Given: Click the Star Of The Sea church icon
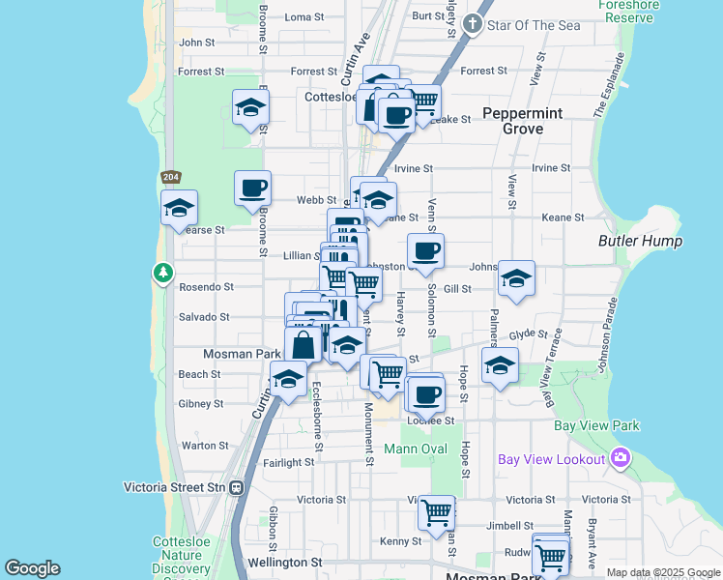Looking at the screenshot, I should pyautogui.click(x=473, y=24).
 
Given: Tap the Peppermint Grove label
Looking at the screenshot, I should pyautogui.click(x=522, y=121).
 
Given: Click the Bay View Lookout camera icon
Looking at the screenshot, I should pyautogui.click(x=620, y=458).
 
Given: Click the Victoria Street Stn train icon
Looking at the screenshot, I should pyautogui.click(x=237, y=488).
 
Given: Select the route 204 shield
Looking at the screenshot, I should pyautogui.click(x=171, y=177).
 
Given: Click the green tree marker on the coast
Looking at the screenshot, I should pyautogui.click(x=162, y=274).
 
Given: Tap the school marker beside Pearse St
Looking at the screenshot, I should pyautogui.click(x=179, y=207).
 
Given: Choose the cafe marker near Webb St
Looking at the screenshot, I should pyautogui.click(x=252, y=188).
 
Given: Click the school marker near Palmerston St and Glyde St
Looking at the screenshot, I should pyautogui.click(x=500, y=365).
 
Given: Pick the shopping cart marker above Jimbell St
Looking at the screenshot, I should pyautogui.click(x=436, y=512).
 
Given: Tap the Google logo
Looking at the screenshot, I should pyautogui.click(x=32, y=568).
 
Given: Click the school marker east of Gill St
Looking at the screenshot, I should pyautogui.click(x=516, y=278).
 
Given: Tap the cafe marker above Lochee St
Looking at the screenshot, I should pyautogui.click(x=425, y=393).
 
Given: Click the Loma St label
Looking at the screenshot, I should pyautogui.click(x=304, y=17).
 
